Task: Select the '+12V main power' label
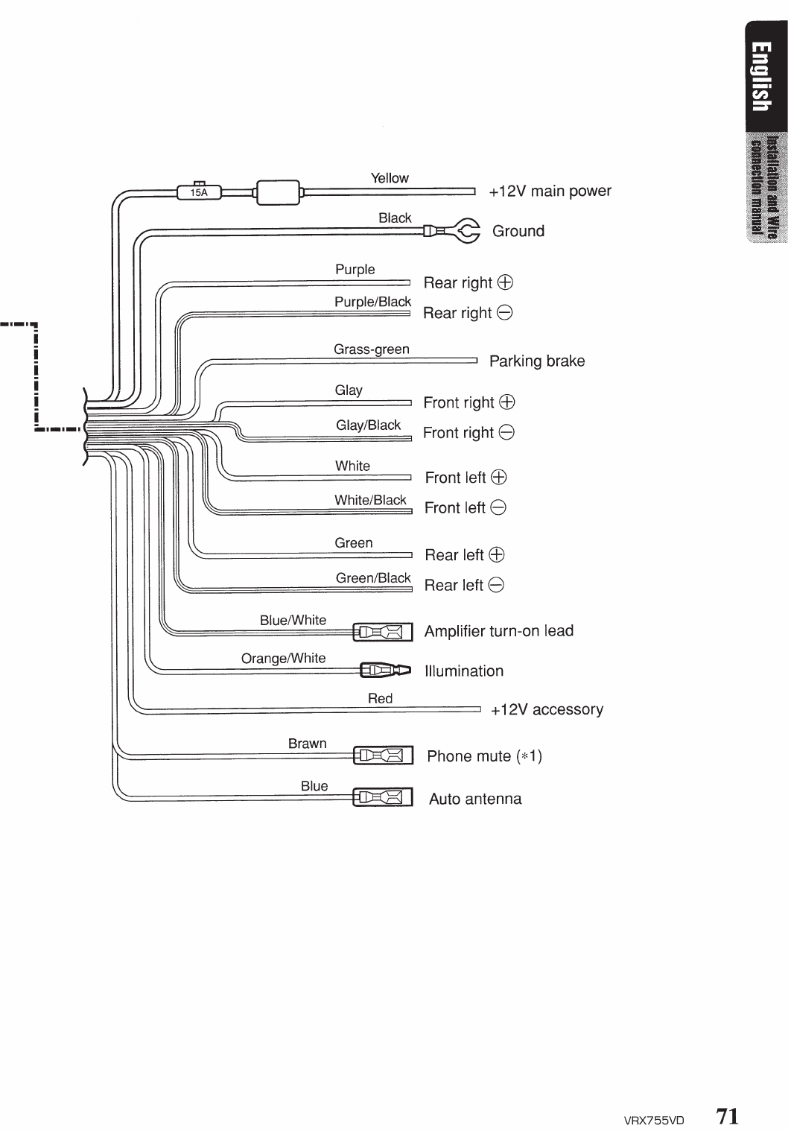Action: (550, 191)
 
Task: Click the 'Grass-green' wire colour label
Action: (372, 349)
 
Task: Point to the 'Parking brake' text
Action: (537, 361)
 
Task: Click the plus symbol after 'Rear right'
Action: (506, 282)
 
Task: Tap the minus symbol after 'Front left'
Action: (499, 508)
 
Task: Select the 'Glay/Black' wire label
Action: (369, 425)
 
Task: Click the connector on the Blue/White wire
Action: (382, 633)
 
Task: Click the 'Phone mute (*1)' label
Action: (484, 757)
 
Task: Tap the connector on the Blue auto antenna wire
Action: (382, 798)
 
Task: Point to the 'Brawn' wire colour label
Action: (308, 744)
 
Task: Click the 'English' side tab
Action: (760, 77)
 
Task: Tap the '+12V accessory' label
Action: (547, 709)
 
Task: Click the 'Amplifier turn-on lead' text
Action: (499, 631)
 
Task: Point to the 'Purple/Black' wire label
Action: (372, 302)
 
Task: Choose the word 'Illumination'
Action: (464, 671)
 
